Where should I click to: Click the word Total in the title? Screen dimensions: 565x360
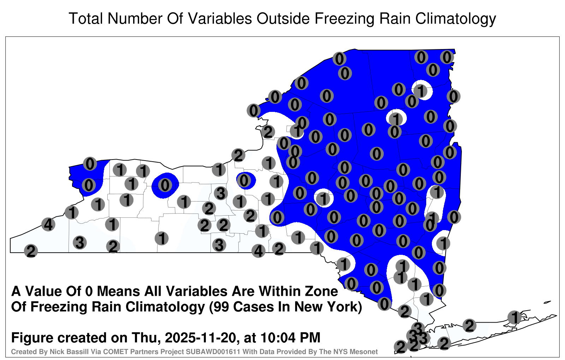click(x=86, y=18)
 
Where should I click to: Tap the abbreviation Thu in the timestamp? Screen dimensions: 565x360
click(x=145, y=338)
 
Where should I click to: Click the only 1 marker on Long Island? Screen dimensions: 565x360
click(x=515, y=317)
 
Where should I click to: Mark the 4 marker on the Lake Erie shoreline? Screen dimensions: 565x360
click(x=48, y=224)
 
